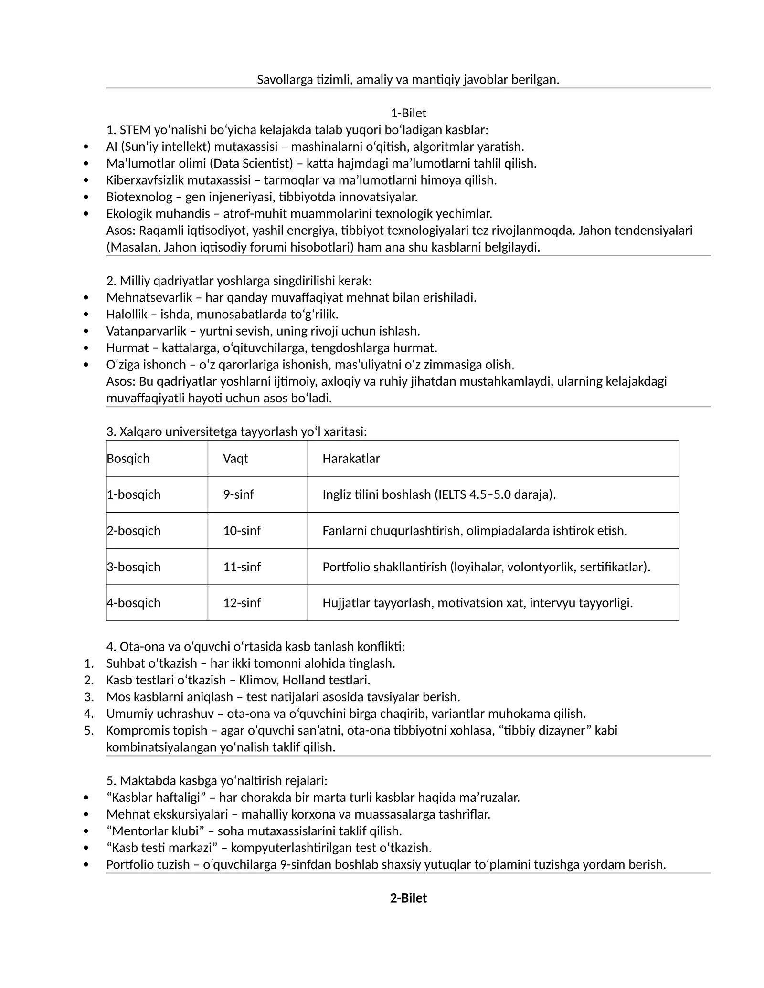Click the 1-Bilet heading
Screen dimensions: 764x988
(x=408, y=113)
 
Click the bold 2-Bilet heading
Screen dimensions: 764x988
(x=408, y=898)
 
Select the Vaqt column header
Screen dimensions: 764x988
(x=235, y=459)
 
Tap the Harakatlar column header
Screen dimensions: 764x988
(x=351, y=459)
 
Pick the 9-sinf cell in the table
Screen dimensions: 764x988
(x=238, y=494)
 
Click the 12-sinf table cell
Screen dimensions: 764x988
(x=242, y=603)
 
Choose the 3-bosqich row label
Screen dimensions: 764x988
(x=134, y=567)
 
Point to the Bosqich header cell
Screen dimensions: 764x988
(x=128, y=459)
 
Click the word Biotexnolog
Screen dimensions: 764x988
(x=139, y=197)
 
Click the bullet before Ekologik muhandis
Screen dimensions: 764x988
(x=86, y=214)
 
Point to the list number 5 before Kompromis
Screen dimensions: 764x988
(x=88, y=730)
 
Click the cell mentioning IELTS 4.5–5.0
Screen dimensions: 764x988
(x=439, y=494)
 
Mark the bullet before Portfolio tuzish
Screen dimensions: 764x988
(x=86, y=864)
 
